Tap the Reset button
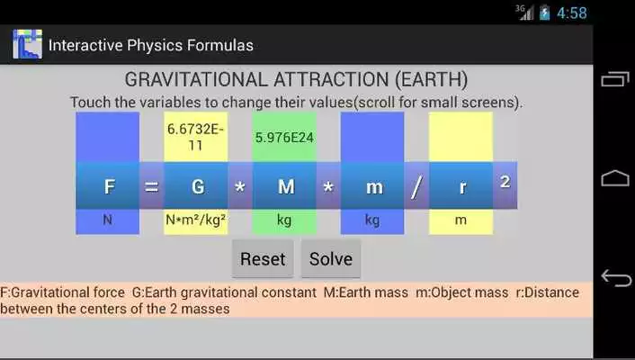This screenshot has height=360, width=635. click(x=263, y=259)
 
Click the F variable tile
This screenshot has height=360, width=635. click(x=108, y=186)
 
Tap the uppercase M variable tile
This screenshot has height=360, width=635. click(x=284, y=186)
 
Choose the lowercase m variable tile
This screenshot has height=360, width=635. click(x=371, y=186)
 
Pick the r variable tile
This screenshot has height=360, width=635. click(x=461, y=186)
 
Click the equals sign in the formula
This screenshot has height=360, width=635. click(x=151, y=186)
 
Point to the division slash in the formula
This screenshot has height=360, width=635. click(x=416, y=186)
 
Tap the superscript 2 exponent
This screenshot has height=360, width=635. click(x=505, y=182)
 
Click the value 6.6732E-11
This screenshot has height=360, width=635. click(x=195, y=137)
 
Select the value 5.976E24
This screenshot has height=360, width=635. click(x=284, y=138)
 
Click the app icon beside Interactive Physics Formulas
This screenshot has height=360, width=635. click(x=27, y=44)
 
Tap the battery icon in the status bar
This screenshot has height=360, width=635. click(x=545, y=13)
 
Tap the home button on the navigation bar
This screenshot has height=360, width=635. click(x=615, y=178)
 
